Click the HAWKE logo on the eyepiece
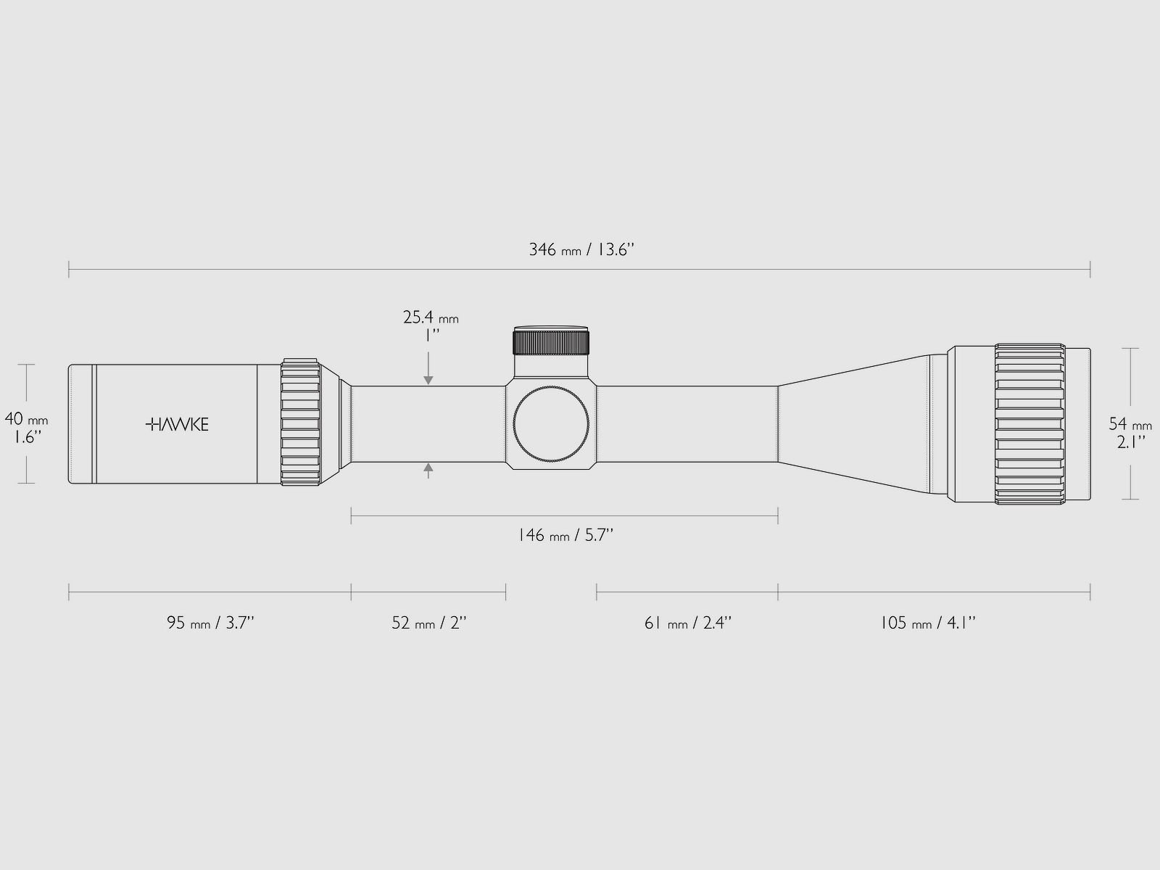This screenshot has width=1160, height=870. coord(177,424)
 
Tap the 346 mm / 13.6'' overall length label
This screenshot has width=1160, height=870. coord(581,250)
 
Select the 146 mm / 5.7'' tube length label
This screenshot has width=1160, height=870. coord(565,536)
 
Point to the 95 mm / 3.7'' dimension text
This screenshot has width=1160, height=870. coord(210,623)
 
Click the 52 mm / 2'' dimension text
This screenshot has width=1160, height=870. coord(428,623)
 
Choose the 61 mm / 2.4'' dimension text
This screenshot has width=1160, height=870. coord(688,623)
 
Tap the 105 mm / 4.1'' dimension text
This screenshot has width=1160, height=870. coord(928,623)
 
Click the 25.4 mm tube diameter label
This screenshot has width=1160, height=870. coord(431,318)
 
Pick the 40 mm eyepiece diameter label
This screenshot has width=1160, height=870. coord(27,419)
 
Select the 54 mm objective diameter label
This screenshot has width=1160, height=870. coord(1130,424)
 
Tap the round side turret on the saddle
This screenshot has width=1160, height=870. coord(551,425)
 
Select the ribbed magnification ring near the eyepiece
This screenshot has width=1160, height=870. coord(301,423)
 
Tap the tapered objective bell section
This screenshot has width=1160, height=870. coord(855,424)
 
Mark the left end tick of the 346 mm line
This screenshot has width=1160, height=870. coord(69,270)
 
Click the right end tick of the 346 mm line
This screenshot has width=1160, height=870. coord(1090,270)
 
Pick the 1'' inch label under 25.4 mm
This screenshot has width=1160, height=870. coord(431,336)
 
